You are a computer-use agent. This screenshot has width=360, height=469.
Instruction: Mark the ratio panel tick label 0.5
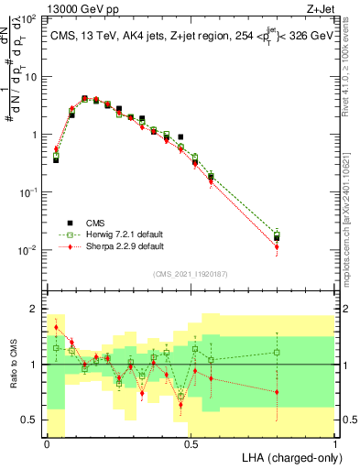pyautogui.click(x=30, y=420)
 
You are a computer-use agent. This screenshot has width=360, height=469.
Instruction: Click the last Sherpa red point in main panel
pyautogui.click(x=277, y=246)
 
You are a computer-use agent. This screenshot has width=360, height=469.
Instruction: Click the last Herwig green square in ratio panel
pyautogui.click(x=277, y=353)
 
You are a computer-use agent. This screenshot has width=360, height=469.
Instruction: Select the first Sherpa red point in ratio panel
pyautogui.click(x=56, y=327)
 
